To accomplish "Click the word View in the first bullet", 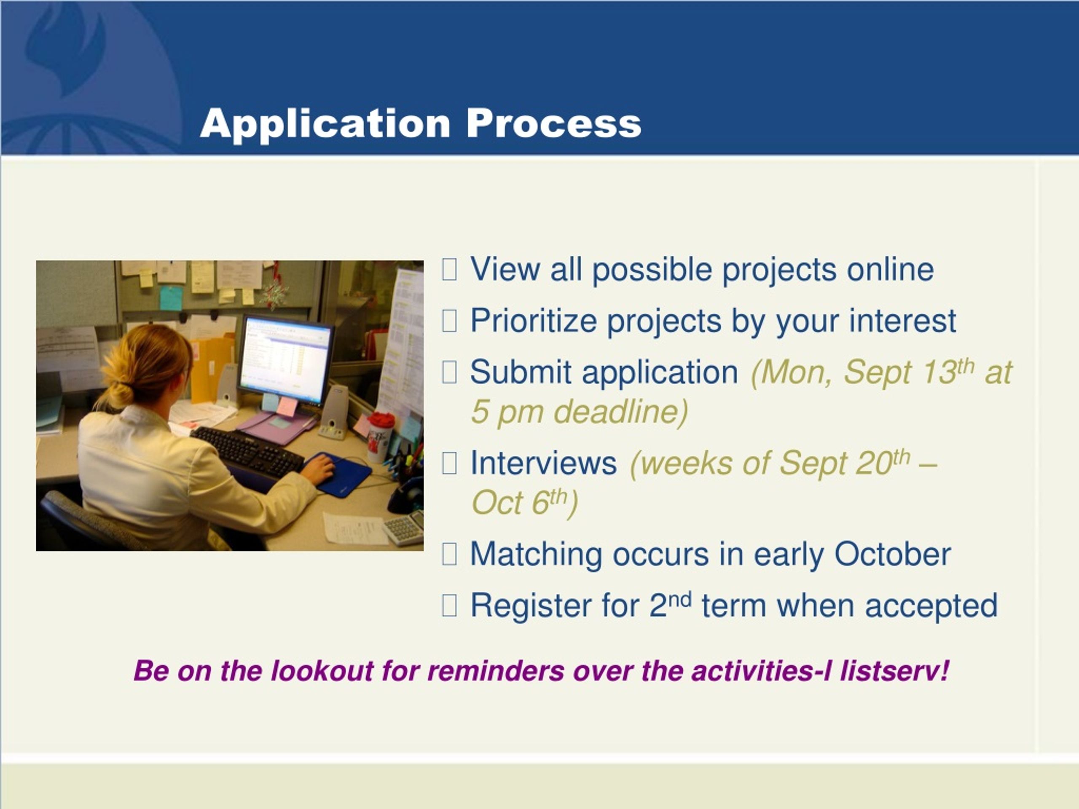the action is [505, 269].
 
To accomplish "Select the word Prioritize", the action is [534, 321].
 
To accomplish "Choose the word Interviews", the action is [543, 463].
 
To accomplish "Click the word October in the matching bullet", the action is [892, 555].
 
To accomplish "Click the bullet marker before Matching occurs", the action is [449, 555].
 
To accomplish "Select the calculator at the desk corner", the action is [404, 528].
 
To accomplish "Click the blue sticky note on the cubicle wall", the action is [171, 298].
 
